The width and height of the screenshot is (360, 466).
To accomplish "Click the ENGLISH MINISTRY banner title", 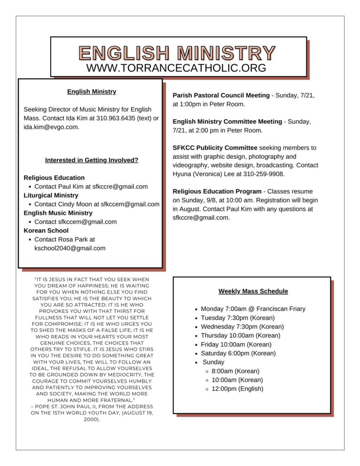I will [177, 53].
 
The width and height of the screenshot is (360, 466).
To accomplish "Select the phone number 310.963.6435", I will [117, 118].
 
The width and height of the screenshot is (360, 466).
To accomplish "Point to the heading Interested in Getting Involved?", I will [91, 160].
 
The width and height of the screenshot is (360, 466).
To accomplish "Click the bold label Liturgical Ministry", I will [51, 195].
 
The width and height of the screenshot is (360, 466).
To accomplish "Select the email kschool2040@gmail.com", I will [70, 248].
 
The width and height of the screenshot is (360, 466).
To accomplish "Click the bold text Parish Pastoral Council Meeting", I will [221, 96].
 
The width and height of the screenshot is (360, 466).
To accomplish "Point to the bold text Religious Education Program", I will [217, 192].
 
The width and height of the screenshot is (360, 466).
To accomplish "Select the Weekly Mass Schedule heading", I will [253, 291].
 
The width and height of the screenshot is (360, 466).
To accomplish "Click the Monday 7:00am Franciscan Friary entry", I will [253, 309].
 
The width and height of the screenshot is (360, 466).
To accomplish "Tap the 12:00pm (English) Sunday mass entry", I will [237, 389].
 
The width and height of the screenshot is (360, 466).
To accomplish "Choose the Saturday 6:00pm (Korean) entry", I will [238, 353].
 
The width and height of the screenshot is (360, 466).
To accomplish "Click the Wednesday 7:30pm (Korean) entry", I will [242, 327].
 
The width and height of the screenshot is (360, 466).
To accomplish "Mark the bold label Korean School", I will [46, 231].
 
